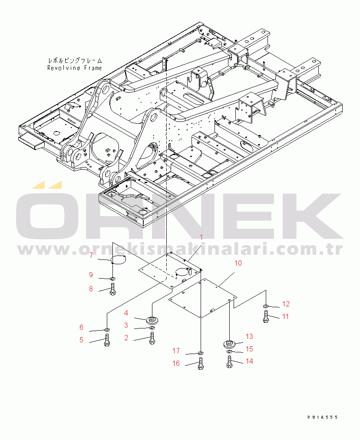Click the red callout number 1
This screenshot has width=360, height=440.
coord(201,237)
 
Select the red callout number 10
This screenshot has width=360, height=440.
coord(238,263)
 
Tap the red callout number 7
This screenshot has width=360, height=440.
coord(91,256)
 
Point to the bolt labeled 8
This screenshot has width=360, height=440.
coord(112,289)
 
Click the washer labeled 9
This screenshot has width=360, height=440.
coord(112,279)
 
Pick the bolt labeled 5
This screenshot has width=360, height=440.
coord(107,340)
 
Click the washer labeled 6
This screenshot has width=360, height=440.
coord(107,329)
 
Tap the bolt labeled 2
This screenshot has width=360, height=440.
coord(152,338)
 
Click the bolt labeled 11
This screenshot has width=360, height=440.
coord(266,316)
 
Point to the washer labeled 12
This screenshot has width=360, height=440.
coord(266,306)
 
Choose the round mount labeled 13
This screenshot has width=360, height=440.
coord(229,344)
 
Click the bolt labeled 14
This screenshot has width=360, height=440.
coord(229,362)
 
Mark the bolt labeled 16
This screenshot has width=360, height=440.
coord(201,363)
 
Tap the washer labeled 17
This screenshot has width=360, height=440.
coord(201,353)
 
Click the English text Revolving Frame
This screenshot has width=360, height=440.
coord(74,68)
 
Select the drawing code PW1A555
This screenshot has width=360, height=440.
coord(322,417)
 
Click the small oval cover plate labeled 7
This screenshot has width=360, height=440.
coord(118,260)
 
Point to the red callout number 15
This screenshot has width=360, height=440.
coord(249,349)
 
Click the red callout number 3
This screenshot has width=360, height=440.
coord(126,325)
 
